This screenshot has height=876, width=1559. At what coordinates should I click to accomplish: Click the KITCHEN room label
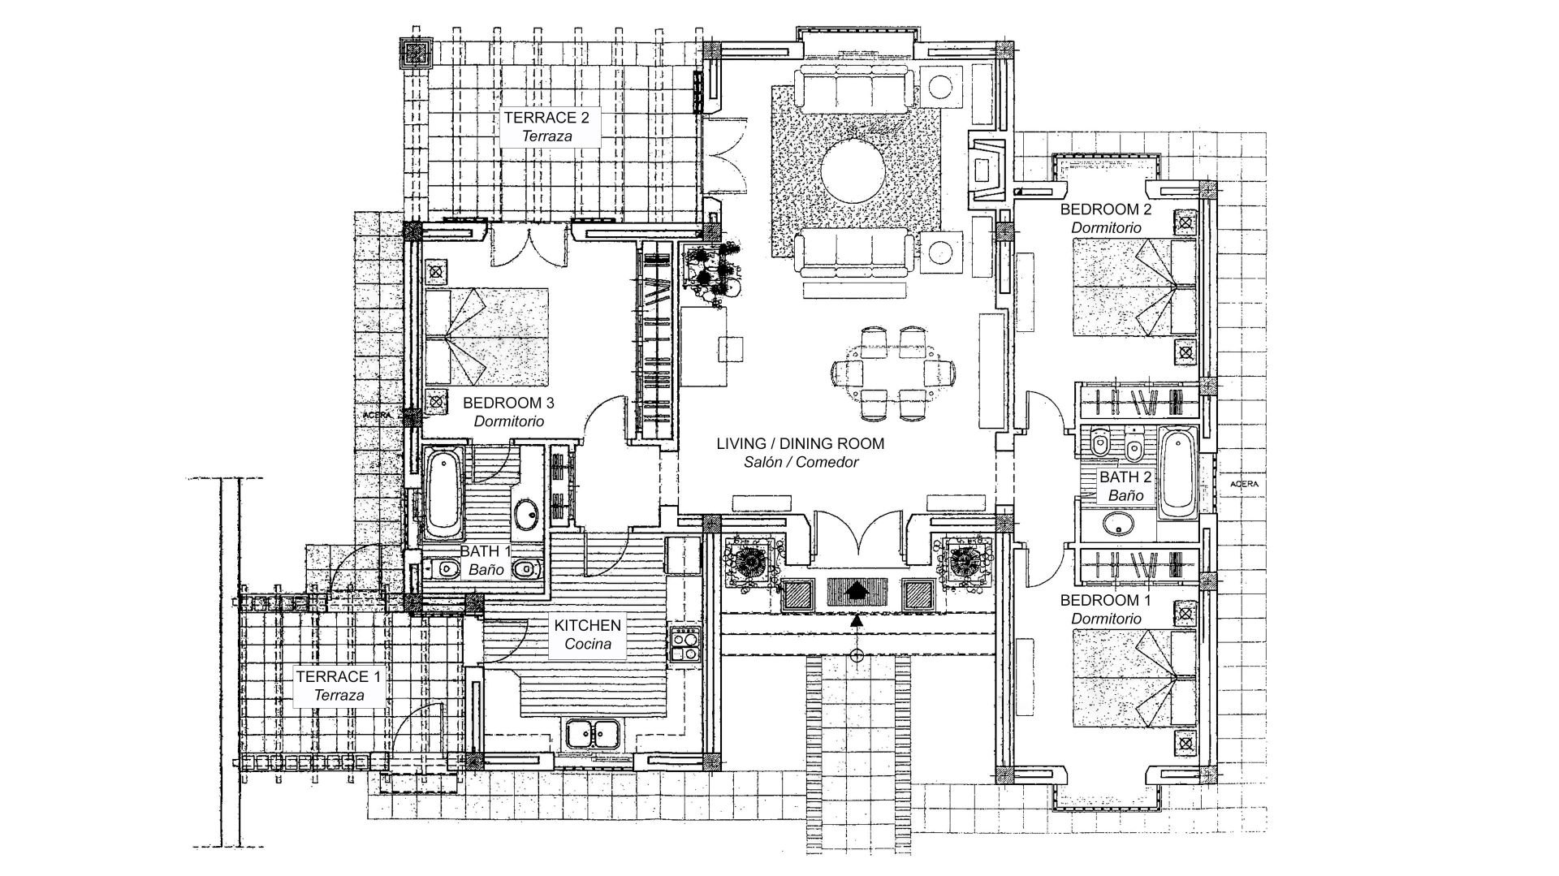click(588, 625)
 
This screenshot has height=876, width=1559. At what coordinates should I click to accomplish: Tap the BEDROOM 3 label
click(508, 403)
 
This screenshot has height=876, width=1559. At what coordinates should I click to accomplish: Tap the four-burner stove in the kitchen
click(685, 645)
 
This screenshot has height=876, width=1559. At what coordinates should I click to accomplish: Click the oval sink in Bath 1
click(527, 513)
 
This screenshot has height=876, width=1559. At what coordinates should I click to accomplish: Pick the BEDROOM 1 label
click(1106, 601)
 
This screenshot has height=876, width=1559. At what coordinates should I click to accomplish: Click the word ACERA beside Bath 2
click(1245, 484)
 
